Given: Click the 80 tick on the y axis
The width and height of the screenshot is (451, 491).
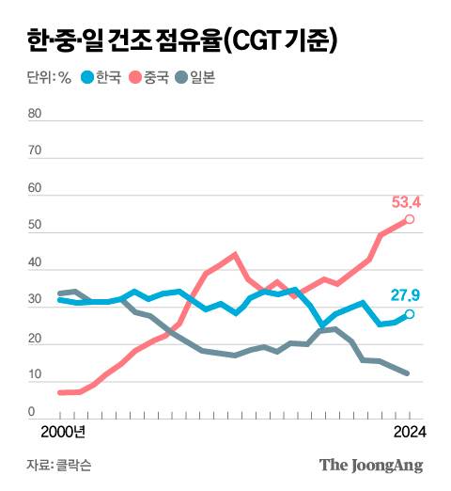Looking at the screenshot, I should [37, 114].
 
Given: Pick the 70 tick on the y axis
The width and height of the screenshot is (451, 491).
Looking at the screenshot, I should [37, 151].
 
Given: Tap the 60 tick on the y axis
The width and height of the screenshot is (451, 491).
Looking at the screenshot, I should [37, 189].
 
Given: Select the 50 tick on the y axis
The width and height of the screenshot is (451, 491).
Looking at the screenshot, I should [37, 227].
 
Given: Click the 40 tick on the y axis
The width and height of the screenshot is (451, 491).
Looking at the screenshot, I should [37, 264].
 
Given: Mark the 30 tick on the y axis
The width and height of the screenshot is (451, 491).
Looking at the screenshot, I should [37, 301].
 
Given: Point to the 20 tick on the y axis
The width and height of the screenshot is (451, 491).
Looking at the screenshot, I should [37, 339].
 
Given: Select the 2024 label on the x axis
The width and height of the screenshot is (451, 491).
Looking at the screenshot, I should [408, 432].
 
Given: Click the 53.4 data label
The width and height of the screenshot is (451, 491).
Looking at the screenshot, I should [405, 201].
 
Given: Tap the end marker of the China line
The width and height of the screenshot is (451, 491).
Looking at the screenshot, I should [410, 219].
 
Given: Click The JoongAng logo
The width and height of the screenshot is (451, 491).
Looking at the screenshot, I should [371, 465].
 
